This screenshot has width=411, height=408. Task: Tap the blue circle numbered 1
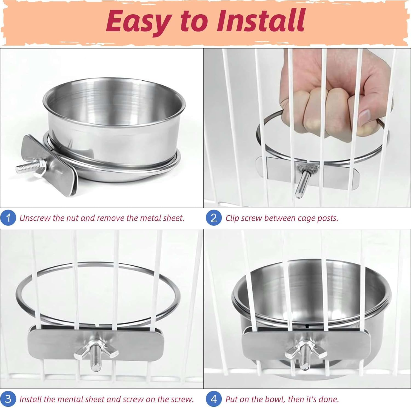pos(8,218)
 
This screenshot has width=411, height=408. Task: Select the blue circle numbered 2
pos(214,218)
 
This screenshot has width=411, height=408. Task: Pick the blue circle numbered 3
pos(8,399)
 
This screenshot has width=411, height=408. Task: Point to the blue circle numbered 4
pos(214,399)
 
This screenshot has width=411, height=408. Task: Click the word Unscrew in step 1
pos(35,218)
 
